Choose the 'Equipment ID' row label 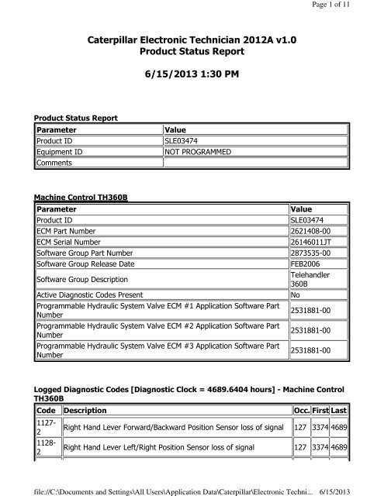(x=64, y=153)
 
